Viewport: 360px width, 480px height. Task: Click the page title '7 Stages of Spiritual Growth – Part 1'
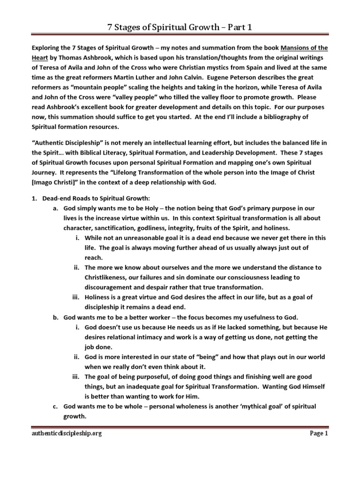[180, 27]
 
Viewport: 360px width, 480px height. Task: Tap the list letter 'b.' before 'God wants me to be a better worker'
[56, 317]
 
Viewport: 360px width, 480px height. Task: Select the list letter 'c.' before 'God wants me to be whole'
[56, 406]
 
